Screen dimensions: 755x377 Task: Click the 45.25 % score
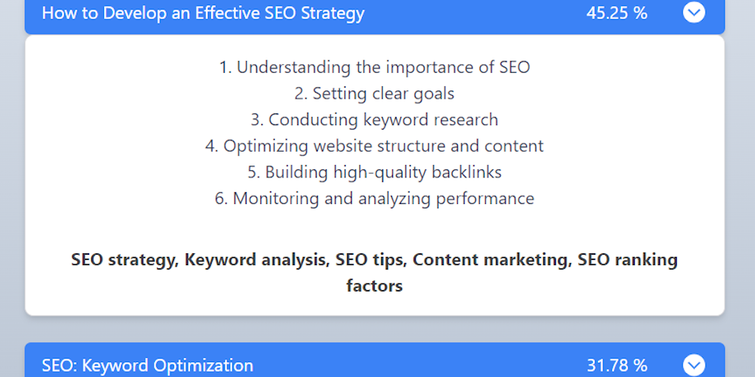[x=617, y=13]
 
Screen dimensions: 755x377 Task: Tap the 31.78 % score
[x=617, y=365]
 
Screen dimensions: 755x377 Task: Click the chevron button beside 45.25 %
[x=694, y=13]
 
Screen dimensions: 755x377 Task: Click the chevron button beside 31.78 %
[x=694, y=365]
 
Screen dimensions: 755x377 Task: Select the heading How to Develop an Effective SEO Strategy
[x=203, y=13]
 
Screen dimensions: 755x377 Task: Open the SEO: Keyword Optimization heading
[x=147, y=366]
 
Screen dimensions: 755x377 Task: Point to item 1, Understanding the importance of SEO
[x=375, y=67]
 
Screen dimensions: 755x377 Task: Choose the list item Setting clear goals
[x=375, y=94]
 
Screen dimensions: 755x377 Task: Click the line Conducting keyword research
[x=375, y=120]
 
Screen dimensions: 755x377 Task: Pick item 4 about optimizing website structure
[x=375, y=146]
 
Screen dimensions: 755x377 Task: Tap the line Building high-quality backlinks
[x=375, y=172]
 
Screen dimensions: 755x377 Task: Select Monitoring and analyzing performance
[x=375, y=199]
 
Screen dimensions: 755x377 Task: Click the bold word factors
[x=375, y=286]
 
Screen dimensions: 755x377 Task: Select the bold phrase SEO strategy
[x=123, y=260]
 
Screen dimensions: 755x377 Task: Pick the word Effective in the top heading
[x=227, y=13]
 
